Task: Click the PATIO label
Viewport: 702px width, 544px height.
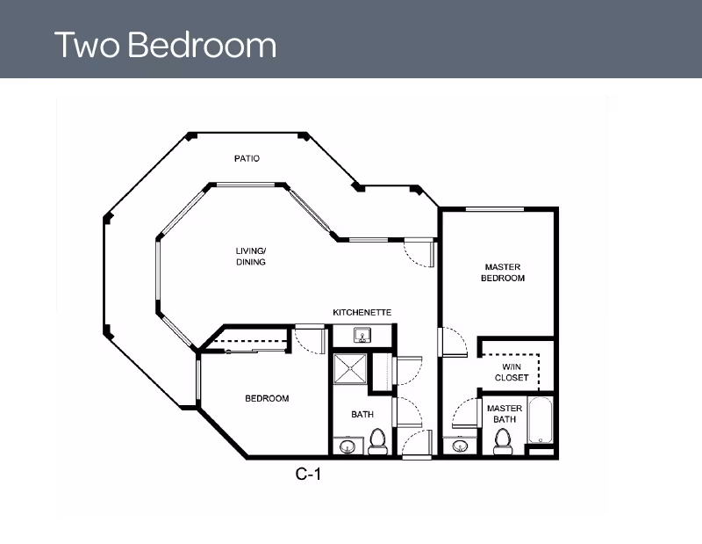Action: click(x=247, y=158)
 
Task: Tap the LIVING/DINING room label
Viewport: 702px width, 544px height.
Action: click(x=251, y=256)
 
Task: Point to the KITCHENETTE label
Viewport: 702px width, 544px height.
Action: click(x=362, y=312)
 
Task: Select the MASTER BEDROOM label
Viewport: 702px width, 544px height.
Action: click(x=503, y=272)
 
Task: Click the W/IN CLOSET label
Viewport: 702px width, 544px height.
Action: click(x=512, y=373)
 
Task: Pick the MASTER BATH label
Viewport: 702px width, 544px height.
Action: click(x=505, y=414)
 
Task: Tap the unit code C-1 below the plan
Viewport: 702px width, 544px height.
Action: click(x=308, y=474)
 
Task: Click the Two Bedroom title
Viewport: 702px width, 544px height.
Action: click(x=165, y=45)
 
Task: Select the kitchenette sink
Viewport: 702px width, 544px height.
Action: click(x=362, y=335)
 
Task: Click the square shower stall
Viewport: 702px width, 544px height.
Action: click(x=350, y=368)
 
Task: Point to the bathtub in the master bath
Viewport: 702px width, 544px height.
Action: click(x=541, y=420)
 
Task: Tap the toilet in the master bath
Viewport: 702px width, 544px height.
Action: click(x=502, y=442)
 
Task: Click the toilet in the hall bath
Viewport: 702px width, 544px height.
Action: click(x=377, y=442)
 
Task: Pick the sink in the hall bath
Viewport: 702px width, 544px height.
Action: click(x=347, y=446)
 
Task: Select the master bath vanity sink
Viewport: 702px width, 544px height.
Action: click(x=460, y=446)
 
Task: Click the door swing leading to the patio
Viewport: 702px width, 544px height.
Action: click(x=419, y=254)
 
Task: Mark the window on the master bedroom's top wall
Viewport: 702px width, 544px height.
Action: click(x=495, y=209)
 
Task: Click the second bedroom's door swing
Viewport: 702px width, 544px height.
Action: click(x=310, y=340)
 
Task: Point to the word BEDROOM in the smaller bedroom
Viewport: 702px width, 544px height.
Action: click(x=267, y=398)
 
